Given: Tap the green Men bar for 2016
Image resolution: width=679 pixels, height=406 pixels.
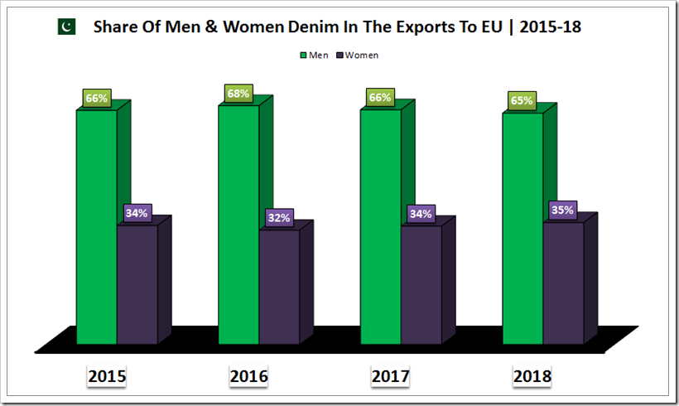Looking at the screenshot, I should click(238, 224).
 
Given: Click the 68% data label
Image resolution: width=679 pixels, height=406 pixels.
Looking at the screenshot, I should click(238, 94).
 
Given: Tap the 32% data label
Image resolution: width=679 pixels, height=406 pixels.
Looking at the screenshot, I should click(278, 218).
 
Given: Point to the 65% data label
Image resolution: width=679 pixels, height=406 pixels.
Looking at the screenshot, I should click(522, 101).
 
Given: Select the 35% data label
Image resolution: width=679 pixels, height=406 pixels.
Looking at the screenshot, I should click(563, 210).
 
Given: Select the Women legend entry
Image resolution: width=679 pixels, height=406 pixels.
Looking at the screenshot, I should click(357, 55).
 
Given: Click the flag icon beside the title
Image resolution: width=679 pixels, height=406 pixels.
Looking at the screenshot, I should click(66, 27).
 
